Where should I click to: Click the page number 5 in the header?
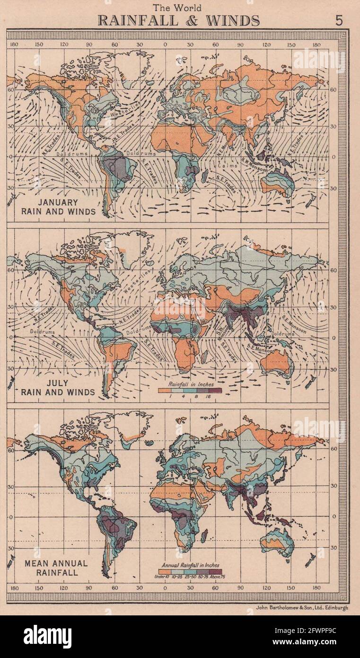tap(339, 20)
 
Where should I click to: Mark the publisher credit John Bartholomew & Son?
tap(301, 607)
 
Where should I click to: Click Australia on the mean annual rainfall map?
tap(277, 542)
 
